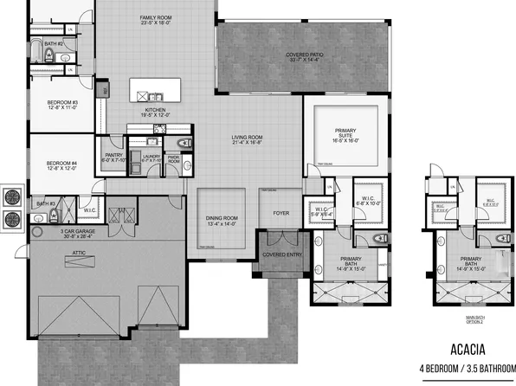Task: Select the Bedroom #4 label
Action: coord(61,165)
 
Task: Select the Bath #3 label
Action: coord(47,204)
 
